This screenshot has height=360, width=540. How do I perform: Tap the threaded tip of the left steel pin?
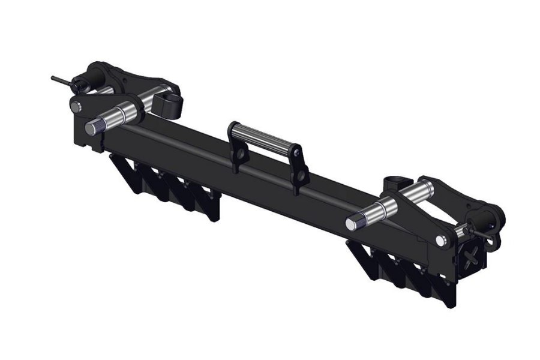pyautogui.click(x=92, y=128)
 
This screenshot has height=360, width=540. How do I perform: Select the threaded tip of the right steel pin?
pyautogui.click(x=352, y=224)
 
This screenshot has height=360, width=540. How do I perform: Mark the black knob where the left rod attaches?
pyautogui.click(x=80, y=83)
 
